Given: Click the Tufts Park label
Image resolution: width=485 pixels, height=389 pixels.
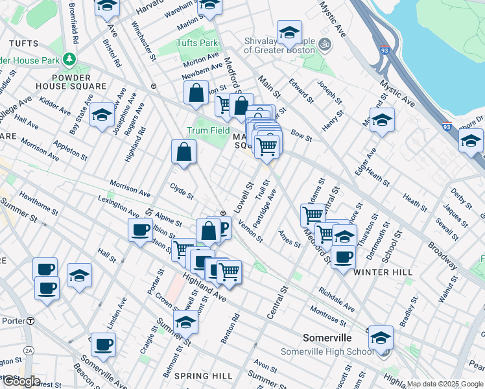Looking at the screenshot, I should (x=198, y=43).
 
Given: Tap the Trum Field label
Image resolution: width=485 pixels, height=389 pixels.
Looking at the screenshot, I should (x=209, y=130).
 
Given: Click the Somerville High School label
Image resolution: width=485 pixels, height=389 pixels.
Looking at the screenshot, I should (x=327, y=351).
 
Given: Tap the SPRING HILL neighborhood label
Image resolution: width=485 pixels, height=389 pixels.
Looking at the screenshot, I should (x=203, y=376).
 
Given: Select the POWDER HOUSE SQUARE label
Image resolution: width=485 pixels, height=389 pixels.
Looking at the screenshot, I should (x=71, y=81).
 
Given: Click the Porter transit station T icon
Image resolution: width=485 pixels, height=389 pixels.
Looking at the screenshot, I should (x=30, y=321).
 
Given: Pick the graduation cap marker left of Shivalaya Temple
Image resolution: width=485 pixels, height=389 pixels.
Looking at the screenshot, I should (x=289, y=32).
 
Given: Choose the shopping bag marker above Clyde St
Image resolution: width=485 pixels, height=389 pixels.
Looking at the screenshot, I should (x=184, y=152).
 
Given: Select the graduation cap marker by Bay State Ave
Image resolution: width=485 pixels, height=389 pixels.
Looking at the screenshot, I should (x=102, y=115).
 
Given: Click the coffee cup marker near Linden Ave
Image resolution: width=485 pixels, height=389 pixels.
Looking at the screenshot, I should (x=102, y=344).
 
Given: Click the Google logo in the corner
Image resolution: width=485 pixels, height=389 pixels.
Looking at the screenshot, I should (x=21, y=381).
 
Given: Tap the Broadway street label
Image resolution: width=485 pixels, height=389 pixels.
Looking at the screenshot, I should (x=442, y=255).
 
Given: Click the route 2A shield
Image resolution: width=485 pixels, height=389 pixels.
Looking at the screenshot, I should (x=28, y=350).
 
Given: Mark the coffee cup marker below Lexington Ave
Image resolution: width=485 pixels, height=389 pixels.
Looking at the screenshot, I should (x=140, y=230).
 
